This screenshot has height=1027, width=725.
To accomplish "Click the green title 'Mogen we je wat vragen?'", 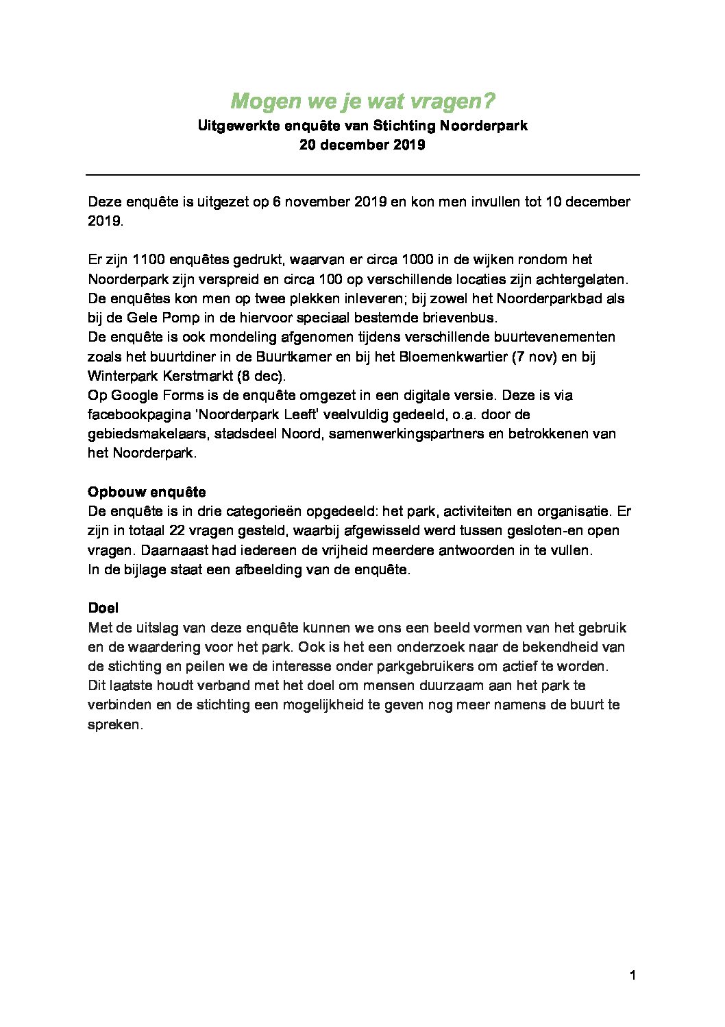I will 362,102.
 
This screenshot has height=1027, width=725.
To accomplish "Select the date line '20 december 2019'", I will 362,145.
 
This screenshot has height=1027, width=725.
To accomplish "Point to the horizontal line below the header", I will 362,176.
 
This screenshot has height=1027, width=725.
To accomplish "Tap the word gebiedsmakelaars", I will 138,434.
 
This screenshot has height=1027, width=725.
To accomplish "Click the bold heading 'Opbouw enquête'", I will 147,492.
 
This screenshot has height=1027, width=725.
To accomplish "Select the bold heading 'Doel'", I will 103,608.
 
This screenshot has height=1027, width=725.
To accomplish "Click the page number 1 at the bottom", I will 632,976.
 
